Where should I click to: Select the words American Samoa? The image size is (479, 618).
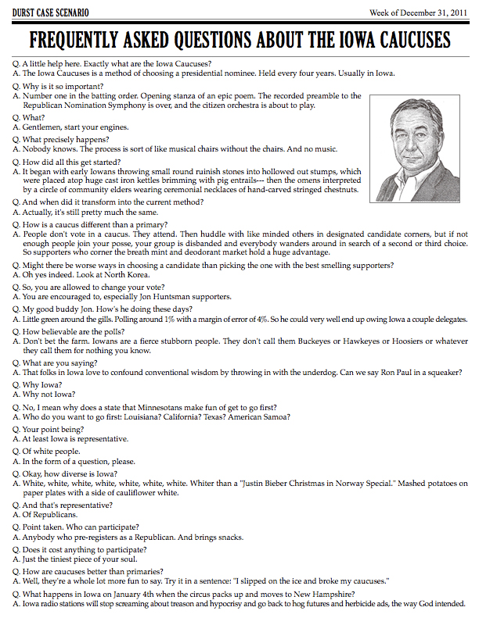pyautogui.click(x=260, y=417)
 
